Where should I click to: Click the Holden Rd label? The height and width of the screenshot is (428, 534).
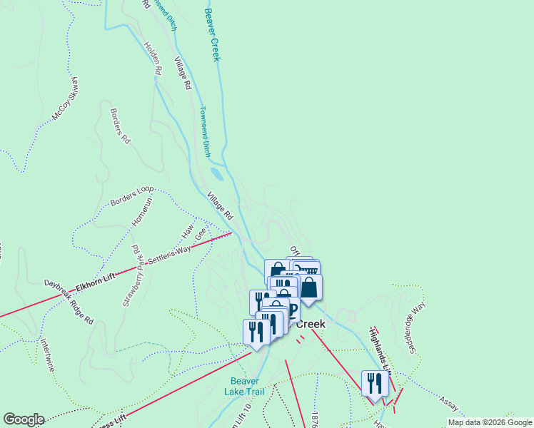pos(153,58)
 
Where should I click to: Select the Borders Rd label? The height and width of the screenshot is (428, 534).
pos(121,126)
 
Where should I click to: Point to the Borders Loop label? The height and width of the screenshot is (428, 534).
pos(132,197)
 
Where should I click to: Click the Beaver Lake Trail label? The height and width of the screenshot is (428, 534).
pos(248,386)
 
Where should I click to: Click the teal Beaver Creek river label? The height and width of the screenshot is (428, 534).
pos(212,34)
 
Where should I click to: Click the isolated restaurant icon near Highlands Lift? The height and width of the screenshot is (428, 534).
pos(375,384)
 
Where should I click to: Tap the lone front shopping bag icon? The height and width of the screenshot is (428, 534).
pos(309,287)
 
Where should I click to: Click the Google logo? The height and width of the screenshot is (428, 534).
pos(24,419)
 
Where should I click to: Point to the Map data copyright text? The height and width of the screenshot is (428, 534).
pos(490,422)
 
